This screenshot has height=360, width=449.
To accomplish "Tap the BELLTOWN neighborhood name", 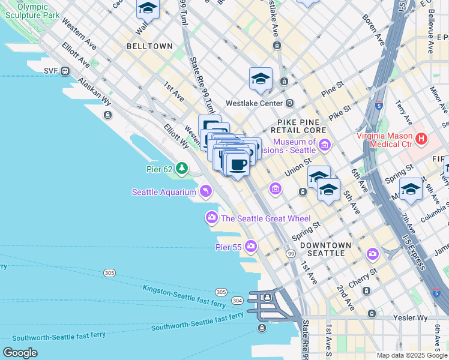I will (149, 46).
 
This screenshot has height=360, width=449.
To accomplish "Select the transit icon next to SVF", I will (65, 71).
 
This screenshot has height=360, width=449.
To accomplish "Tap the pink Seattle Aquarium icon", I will (206, 191).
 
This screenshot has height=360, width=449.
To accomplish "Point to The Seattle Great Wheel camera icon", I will (212, 218).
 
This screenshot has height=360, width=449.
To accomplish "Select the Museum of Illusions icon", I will (325, 144).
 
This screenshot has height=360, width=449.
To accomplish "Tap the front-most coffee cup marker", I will (238, 164).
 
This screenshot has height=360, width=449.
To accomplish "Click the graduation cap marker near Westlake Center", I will (261, 79).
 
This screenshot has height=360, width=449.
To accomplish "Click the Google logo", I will (20, 353).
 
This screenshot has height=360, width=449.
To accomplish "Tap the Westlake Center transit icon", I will (290, 103).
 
